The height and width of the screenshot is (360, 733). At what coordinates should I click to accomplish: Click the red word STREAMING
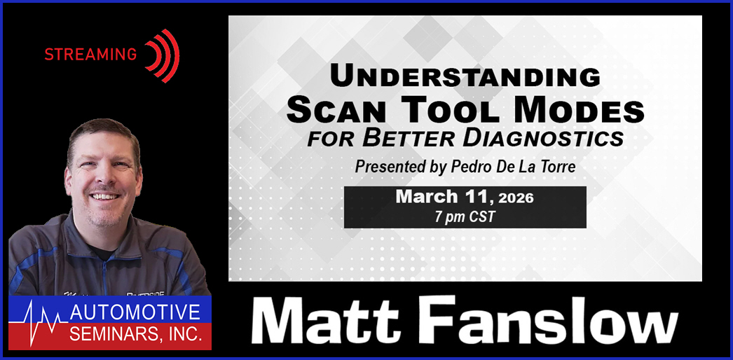click(x=90, y=55)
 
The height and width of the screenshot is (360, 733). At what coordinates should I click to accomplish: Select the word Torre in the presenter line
click(x=557, y=167)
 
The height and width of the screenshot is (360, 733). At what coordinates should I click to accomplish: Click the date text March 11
click(x=444, y=197)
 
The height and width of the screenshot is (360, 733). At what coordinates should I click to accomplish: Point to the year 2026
click(x=516, y=198)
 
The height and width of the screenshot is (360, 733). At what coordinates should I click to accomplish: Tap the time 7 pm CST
click(x=465, y=217)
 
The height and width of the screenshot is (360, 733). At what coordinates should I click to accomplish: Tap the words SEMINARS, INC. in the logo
click(x=136, y=334)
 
